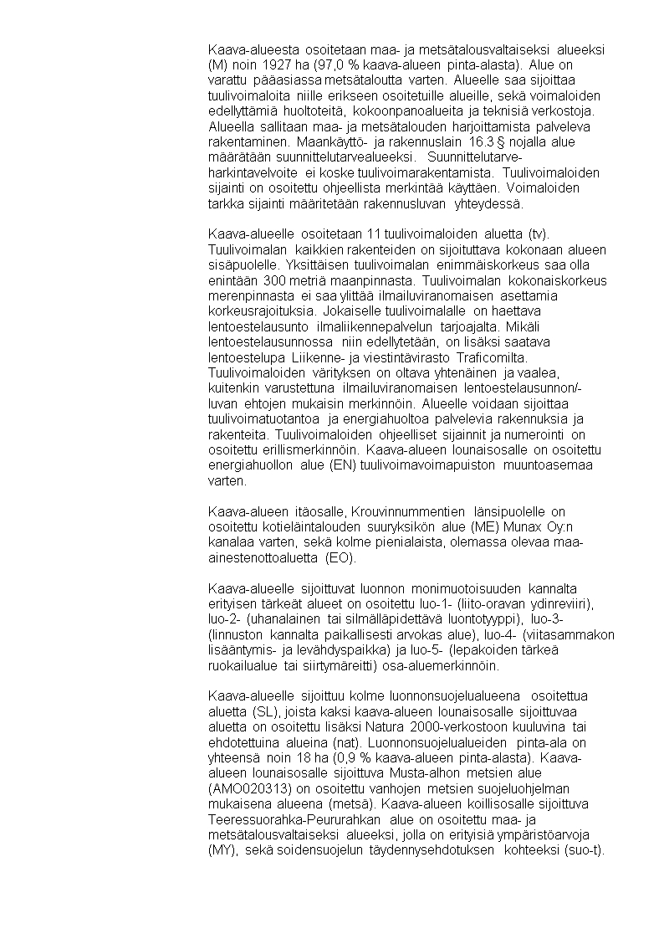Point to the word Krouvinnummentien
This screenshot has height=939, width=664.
tap(409, 511)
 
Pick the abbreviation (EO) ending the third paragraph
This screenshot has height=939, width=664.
tap(341, 558)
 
